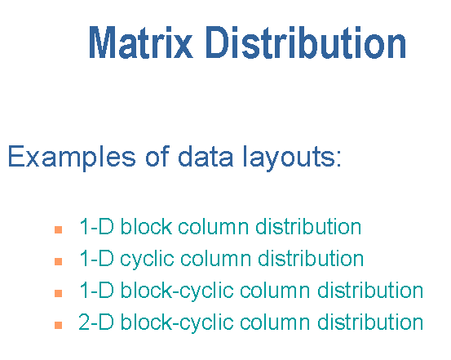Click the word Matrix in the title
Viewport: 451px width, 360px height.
coord(141,42)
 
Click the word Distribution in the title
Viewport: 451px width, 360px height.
coord(306,42)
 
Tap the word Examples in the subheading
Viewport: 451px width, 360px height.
coord(72,158)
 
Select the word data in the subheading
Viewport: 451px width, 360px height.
coord(206,156)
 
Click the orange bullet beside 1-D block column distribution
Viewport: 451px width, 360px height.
coord(59,229)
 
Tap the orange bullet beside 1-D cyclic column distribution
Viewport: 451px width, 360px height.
coord(59,261)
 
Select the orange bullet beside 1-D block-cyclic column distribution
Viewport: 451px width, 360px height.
coord(59,293)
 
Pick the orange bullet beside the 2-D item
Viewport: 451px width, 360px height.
coord(59,325)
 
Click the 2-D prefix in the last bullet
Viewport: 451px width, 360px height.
coord(96,322)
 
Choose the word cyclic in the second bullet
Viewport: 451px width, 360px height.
coord(147,260)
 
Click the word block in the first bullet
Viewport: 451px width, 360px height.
coord(146,226)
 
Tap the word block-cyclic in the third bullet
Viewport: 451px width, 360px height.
coord(177,291)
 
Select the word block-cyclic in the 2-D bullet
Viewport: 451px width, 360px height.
coord(177,322)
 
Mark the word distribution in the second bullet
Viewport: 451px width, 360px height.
coord(311,258)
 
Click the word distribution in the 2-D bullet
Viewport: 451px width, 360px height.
coord(370,322)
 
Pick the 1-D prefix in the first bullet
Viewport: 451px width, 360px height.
coord(96,226)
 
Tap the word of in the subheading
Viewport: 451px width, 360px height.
coord(157,156)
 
